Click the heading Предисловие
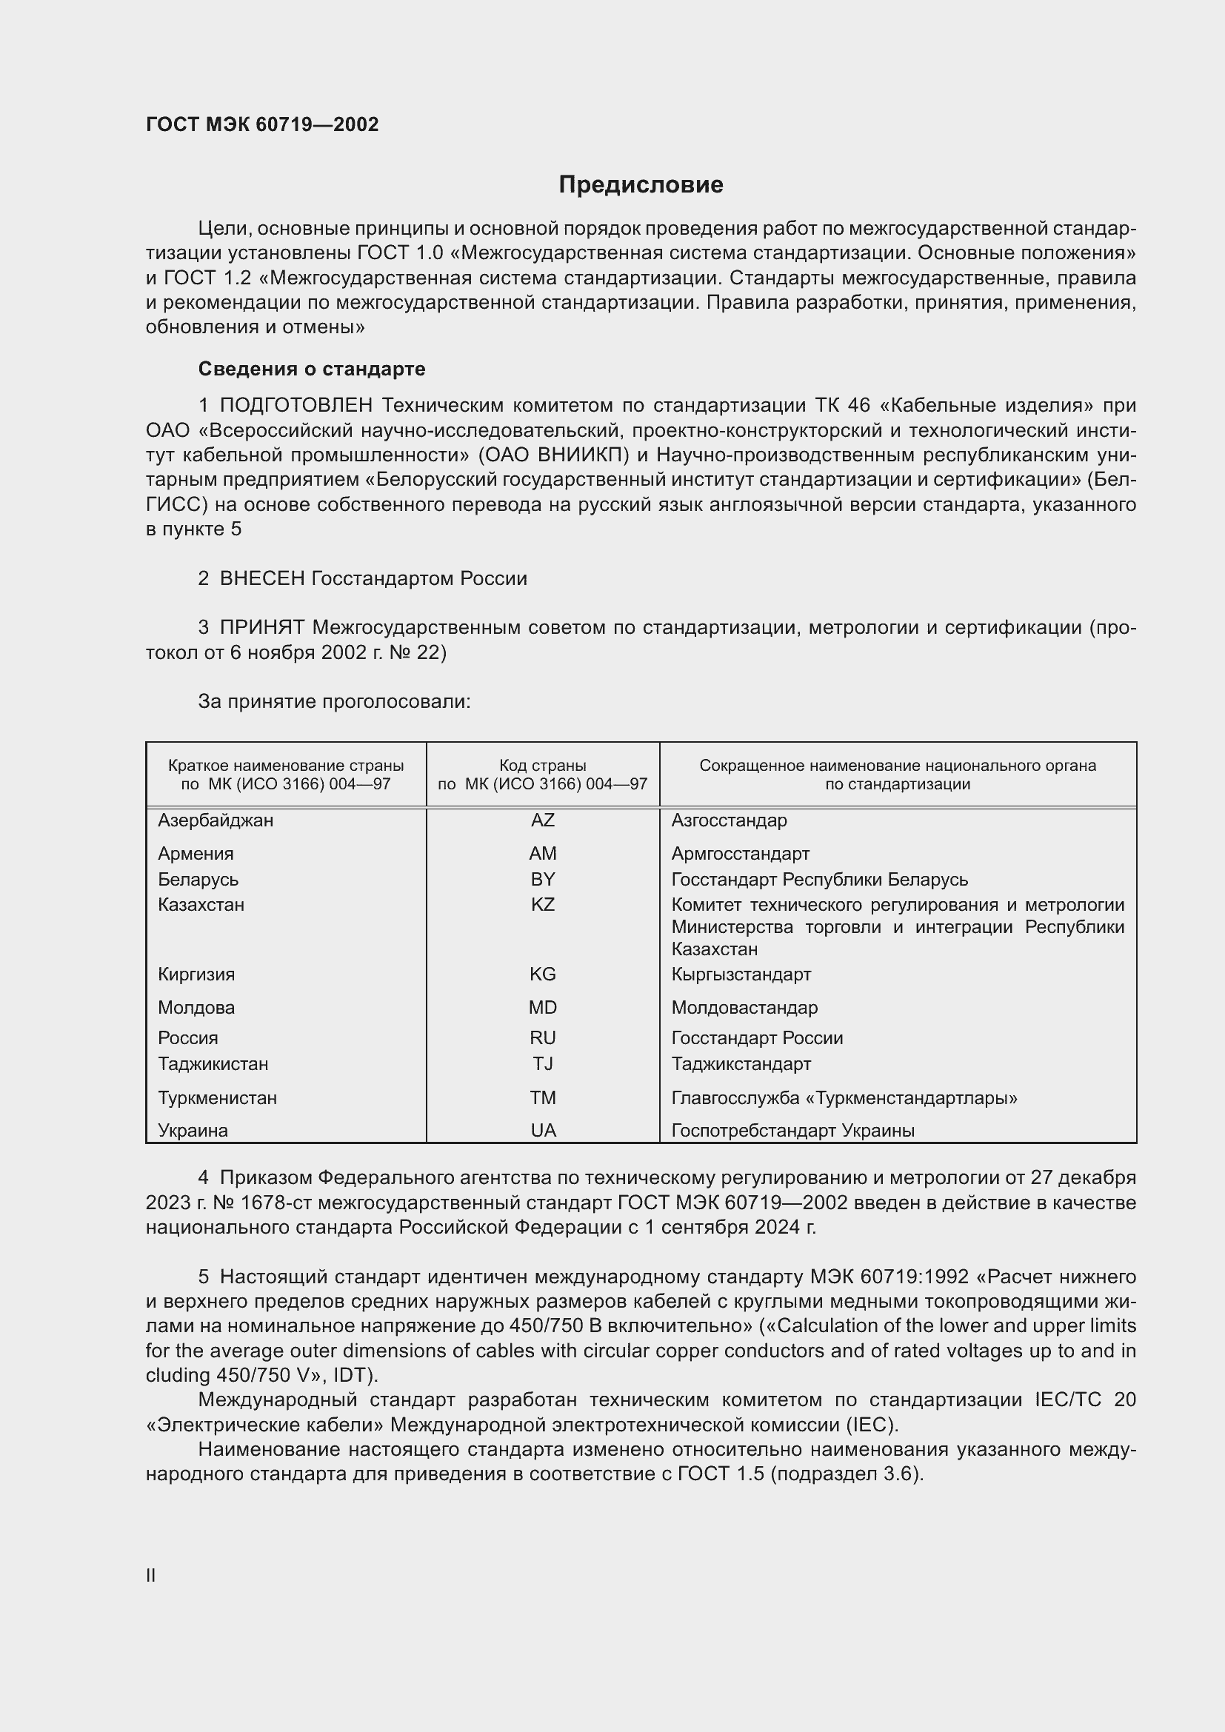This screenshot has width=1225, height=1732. click(641, 185)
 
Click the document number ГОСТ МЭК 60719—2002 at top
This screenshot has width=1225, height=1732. click(262, 124)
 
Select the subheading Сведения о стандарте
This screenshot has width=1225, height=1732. click(312, 369)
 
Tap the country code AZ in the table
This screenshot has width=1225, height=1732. click(542, 820)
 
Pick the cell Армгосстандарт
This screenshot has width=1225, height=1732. click(740, 854)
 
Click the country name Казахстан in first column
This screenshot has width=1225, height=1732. click(201, 904)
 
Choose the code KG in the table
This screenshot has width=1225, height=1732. click(542, 974)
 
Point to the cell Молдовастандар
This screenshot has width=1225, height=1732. click(744, 1008)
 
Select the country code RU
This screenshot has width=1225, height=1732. click(542, 1038)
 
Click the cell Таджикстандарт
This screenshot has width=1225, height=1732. click(741, 1063)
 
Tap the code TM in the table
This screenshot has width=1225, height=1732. click(542, 1097)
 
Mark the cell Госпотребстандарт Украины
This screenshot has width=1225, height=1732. click(792, 1130)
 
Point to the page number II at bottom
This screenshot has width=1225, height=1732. click(151, 1575)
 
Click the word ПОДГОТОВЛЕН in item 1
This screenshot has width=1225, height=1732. click(296, 406)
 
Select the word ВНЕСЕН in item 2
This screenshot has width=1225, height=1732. click(261, 578)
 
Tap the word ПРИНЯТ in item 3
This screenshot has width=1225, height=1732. click(261, 628)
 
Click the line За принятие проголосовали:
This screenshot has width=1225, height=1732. click(334, 701)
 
